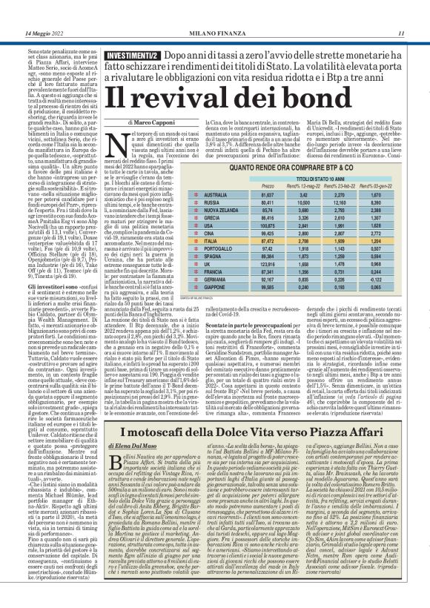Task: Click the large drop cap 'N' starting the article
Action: click(136, 142)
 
